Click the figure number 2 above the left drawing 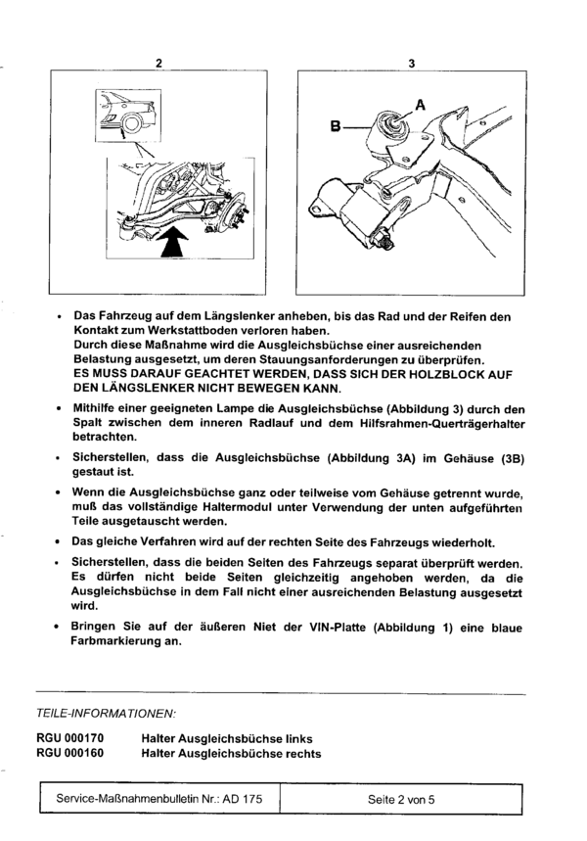click(158, 64)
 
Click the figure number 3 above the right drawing click(412, 64)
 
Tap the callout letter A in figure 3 click(421, 101)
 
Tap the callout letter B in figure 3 click(337, 126)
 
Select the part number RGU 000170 click(68, 734)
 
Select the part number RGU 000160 click(68, 753)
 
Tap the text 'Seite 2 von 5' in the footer click(401, 800)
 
